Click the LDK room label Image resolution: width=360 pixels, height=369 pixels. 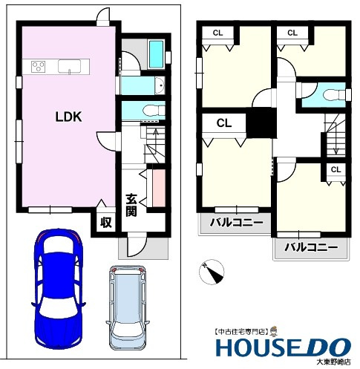point(68,117)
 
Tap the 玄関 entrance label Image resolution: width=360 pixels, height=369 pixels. point(131,206)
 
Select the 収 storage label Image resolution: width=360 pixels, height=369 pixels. point(106,223)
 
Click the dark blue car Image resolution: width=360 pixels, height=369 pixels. point(59,288)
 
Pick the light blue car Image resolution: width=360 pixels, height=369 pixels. point(128,308)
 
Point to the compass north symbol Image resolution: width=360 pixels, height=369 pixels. point(212,272)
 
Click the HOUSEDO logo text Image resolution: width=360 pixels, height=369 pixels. point(284,347)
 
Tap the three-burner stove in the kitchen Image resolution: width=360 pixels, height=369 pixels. point(39,67)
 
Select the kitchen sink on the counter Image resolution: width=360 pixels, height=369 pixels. point(69,67)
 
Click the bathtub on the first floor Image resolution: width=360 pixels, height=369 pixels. point(157,54)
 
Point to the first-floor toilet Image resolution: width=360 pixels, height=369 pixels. point(154,109)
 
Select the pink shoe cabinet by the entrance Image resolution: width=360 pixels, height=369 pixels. point(159,188)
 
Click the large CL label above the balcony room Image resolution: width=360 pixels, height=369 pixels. point(224,123)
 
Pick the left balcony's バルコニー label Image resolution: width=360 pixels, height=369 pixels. point(236,223)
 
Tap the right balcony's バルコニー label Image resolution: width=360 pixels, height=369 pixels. point(311,247)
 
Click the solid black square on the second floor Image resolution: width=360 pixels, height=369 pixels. point(261,123)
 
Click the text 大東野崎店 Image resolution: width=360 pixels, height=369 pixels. point(334,362)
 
